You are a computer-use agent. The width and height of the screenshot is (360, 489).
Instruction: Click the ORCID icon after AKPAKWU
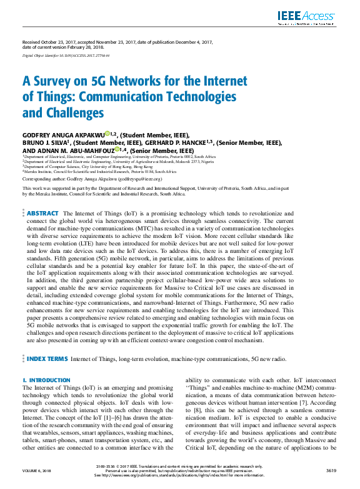(x=107, y=134)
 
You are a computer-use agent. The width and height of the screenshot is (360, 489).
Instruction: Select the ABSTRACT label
(x=42, y=214)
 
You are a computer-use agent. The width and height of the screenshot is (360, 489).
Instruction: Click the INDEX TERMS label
(x=47, y=359)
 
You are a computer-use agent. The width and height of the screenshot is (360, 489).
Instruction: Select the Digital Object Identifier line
(x=61, y=56)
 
